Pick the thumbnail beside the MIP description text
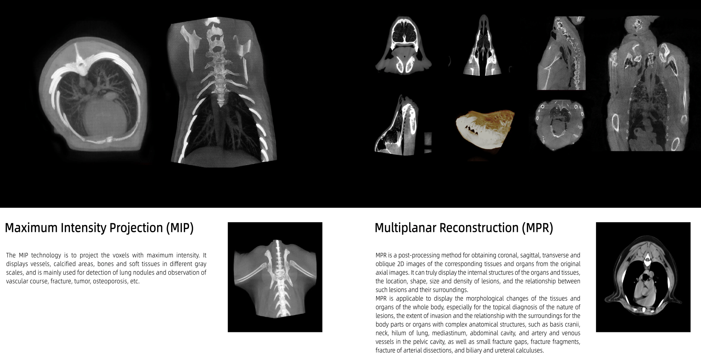point(275,277)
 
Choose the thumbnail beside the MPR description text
point(643,277)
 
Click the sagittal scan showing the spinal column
point(561,53)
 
